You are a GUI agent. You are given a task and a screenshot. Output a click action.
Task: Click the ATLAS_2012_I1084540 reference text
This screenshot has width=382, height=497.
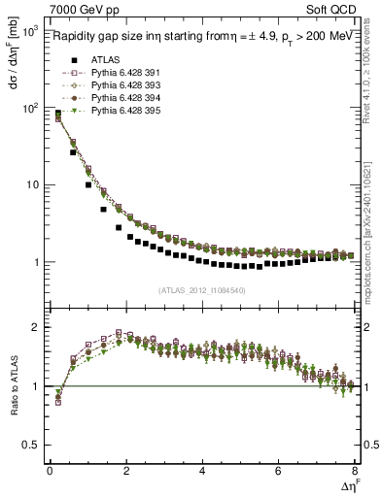[201, 289]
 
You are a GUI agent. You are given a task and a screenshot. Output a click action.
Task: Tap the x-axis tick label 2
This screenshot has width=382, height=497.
[125, 471]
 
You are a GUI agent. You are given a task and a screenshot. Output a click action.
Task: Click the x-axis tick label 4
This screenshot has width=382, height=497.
[202, 471]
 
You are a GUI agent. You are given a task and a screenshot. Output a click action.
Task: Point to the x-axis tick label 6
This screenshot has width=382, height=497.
[279, 471]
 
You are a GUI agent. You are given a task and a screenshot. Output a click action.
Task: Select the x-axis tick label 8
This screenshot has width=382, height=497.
[355, 471]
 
